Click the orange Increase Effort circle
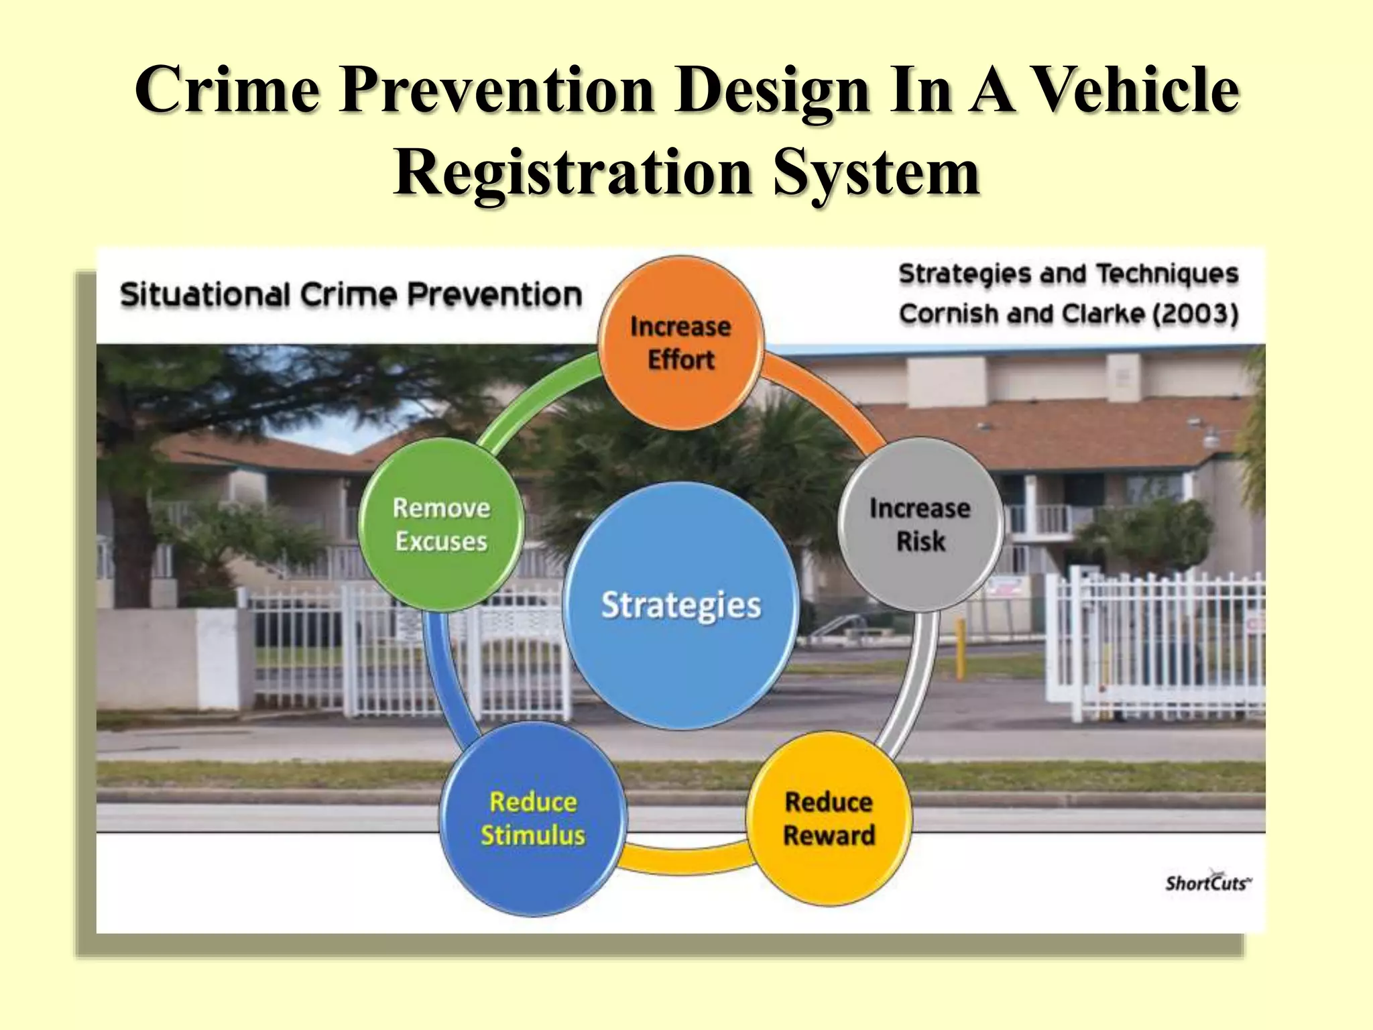point(680,343)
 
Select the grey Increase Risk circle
point(920,524)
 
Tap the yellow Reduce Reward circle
point(829,818)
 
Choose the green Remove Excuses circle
point(441,524)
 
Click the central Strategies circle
point(680,605)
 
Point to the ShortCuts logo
point(1207,882)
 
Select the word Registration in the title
point(573,172)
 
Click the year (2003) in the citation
point(1195,314)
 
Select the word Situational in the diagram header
point(205,295)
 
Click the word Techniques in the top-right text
point(1167,274)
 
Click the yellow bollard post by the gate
point(961,647)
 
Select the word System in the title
point(876,172)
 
